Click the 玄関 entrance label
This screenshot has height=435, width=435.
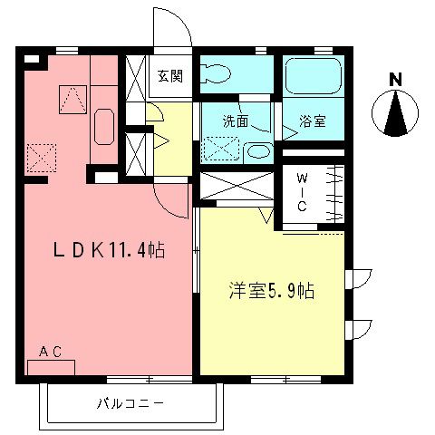tap(169, 76)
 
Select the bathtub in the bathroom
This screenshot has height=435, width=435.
tap(313, 78)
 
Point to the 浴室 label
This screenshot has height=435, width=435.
tap(313, 120)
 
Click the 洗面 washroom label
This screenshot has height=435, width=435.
tap(237, 119)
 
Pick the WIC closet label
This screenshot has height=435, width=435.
tap(303, 193)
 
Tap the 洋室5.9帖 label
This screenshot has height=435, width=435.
tap(271, 292)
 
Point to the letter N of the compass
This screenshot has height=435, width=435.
tap(394, 80)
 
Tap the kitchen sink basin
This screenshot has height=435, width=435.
tap(102, 126)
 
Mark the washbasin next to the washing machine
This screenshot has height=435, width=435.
tap(257, 151)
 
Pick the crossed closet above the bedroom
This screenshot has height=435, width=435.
tap(236, 187)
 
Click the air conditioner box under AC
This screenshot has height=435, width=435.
tap(56, 368)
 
